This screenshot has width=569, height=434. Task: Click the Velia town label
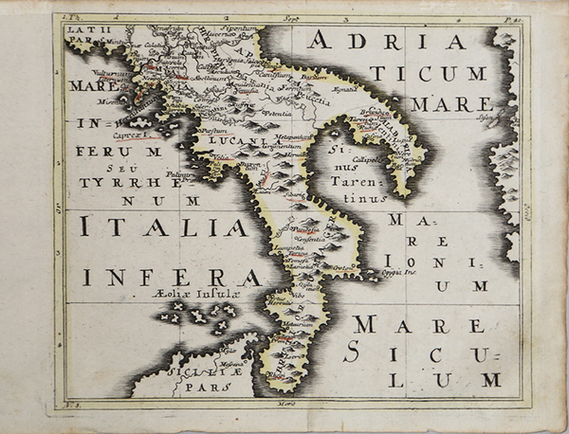tap(220, 157)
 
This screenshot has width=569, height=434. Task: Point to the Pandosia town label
tap(306, 228)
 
